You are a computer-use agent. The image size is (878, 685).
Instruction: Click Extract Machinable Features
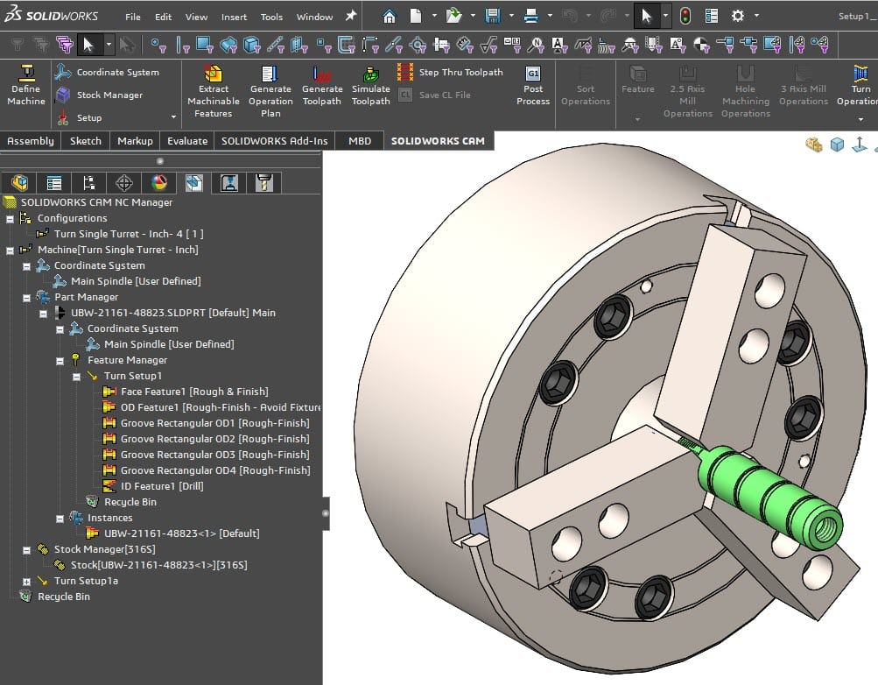(213, 89)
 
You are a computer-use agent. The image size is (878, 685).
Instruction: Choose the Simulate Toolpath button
(370, 89)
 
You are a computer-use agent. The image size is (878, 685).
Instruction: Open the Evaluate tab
(187, 140)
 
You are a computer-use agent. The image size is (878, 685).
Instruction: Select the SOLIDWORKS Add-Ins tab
(274, 140)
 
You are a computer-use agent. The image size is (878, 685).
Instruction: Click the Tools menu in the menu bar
(271, 17)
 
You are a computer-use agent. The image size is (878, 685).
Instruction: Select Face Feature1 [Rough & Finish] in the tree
(193, 392)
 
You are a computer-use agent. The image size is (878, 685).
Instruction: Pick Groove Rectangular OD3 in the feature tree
(214, 455)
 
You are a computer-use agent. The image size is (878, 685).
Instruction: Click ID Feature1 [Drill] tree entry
(162, 486)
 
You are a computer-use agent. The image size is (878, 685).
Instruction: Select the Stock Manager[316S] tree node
(104, 549)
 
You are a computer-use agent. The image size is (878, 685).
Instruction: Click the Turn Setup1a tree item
(86, 581)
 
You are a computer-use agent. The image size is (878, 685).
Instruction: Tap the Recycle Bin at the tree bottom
(63, 597)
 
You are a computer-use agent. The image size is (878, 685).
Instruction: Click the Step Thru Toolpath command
(460, 72)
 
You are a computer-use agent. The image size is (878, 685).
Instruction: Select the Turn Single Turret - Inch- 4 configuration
(128, 234)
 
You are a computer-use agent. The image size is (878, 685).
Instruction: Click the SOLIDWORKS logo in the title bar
(50, 16)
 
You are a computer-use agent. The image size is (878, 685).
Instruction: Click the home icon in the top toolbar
(390, 16)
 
